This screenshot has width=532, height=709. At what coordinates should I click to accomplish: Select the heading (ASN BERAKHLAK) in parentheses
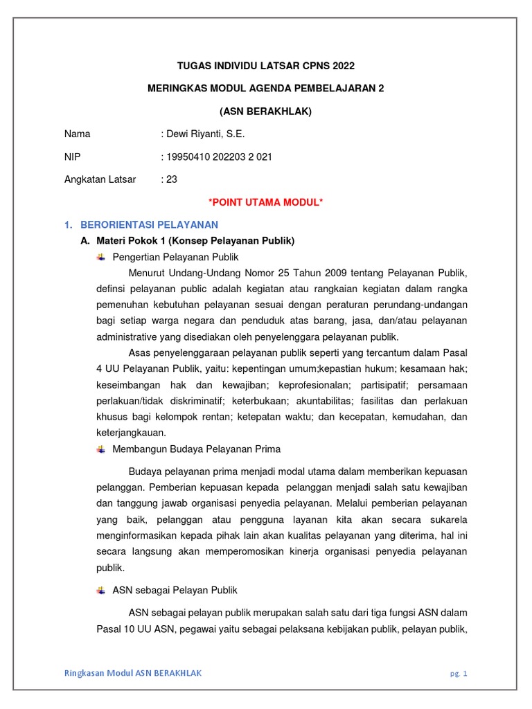(x=266, y=111)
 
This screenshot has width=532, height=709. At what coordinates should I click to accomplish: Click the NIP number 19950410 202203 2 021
(x=219, y=156)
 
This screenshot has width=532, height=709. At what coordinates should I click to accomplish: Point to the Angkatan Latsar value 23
(x=171, y=179)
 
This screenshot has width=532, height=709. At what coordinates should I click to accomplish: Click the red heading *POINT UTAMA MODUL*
(x=266, y=202)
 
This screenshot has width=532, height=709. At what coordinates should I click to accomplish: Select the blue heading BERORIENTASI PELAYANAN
(x=150, y=224)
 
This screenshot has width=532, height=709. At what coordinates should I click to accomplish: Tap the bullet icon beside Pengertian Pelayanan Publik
(x=100, y=257)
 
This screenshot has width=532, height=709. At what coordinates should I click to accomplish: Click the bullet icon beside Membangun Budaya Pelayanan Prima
(x=100, y=449)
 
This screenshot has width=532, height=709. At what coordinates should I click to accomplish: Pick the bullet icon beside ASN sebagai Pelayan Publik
(x=100, y=590)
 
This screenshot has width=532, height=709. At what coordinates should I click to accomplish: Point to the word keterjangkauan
(x=130, y=433)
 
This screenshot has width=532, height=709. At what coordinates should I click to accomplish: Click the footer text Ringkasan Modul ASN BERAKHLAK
(x=133, y=673)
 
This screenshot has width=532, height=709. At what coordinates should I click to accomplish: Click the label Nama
(x=77, y=134)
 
